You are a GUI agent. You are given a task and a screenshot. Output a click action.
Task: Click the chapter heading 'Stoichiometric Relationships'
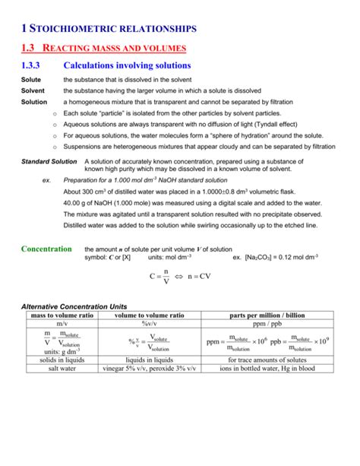(113, 28)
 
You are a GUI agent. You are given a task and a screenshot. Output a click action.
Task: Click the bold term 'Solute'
(31, 80)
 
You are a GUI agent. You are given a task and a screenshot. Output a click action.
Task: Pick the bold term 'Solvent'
(33, 90)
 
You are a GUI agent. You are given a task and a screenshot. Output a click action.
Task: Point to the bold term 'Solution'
(34, 101)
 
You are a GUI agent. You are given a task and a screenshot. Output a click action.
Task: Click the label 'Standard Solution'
(48, 162)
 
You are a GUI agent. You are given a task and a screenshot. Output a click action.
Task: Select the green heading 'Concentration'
(46, 249)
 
